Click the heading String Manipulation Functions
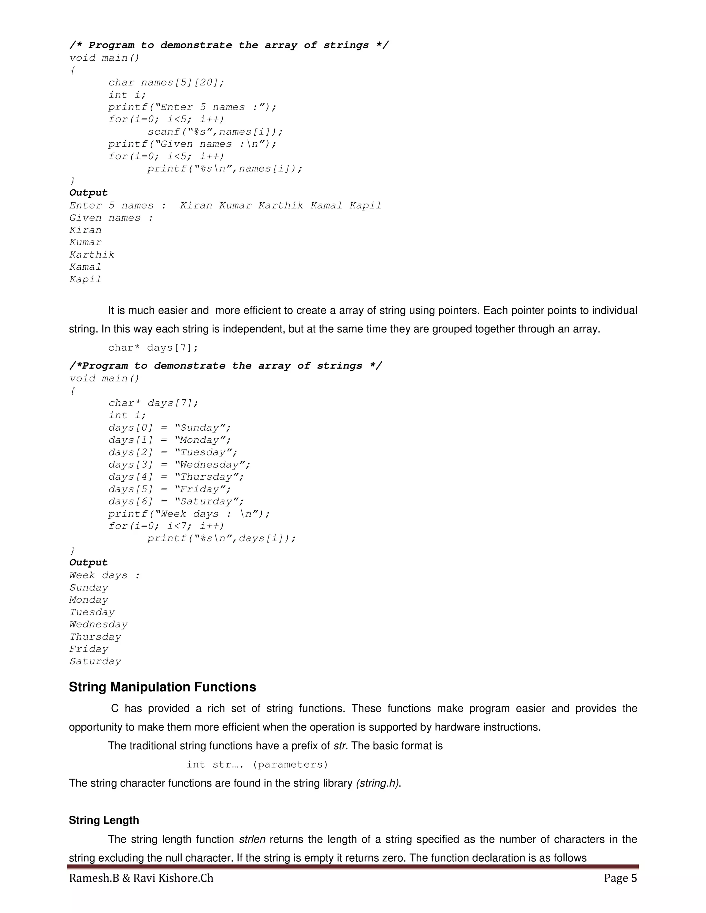click(162, 687)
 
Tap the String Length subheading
click(104, 820)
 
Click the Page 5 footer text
click(620, 878)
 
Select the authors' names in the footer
click(141, 878)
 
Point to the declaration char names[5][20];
click(166, 83)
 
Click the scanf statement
click(215, 132)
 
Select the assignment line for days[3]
click(179, 465)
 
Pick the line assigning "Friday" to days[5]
click(169, 490)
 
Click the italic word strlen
click(252, 839)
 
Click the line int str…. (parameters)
click(257, 765)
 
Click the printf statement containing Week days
click(189, 514)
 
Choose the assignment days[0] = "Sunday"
click(169, 428)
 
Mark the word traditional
click(153, 746)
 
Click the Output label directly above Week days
click(88, 563)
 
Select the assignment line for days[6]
click(176, 502)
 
